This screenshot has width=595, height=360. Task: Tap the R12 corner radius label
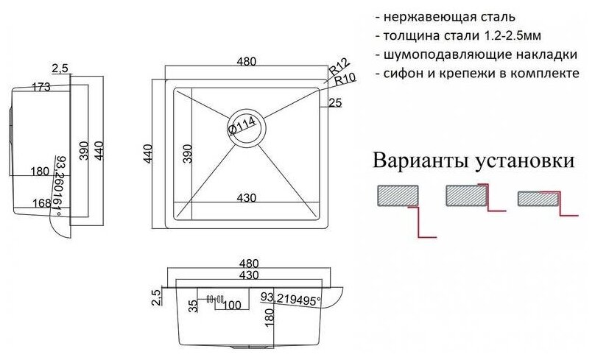338,66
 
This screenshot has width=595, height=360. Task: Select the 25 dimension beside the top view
335,104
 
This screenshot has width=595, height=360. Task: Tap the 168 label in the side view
43,203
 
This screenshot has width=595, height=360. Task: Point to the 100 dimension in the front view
233,303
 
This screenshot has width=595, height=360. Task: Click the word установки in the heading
525,160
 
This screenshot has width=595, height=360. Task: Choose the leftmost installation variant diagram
401,208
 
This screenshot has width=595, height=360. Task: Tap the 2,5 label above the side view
60,68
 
